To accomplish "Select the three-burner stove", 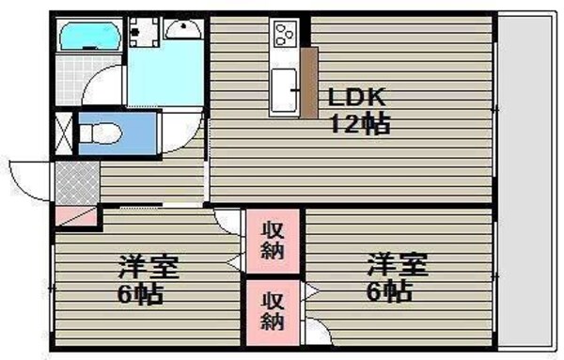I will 283,37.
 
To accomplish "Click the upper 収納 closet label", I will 273,241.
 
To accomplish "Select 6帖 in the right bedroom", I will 386,291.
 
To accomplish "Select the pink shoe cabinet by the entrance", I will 73,215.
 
